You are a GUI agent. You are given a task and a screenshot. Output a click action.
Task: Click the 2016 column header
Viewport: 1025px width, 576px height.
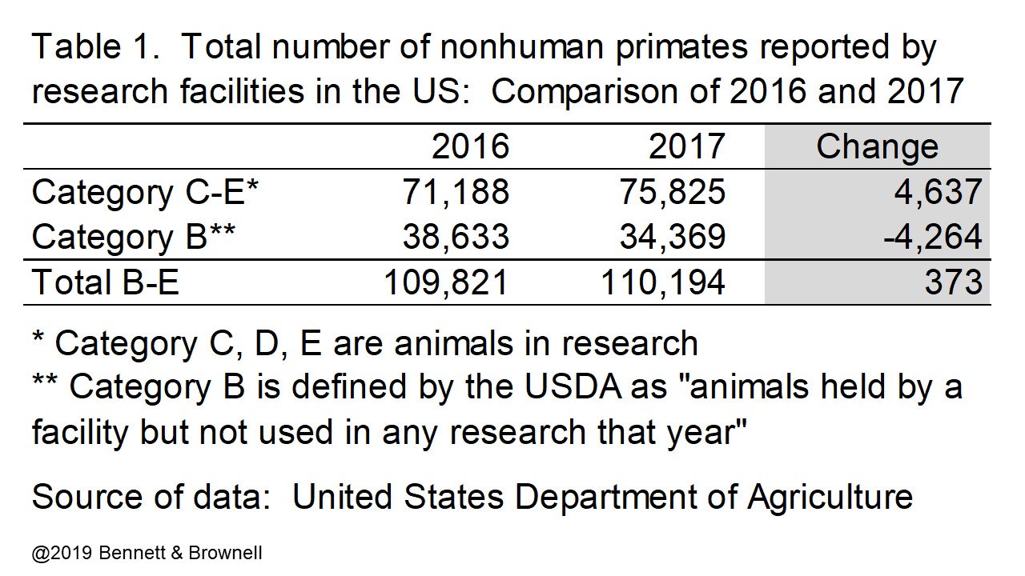(x=470, y=146)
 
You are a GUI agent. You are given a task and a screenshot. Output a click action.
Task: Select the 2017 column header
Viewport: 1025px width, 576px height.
(x=686, y=146)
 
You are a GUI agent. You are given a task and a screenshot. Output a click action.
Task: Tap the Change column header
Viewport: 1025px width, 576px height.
(x=877, y=146)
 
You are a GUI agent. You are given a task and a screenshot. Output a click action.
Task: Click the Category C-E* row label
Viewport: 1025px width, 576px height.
(x=146, y=192)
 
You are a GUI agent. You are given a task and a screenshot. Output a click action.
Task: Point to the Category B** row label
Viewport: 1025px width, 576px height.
(x=134, y=237)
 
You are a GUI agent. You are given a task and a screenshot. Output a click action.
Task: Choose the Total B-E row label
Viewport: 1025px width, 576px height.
(x=105, y=282)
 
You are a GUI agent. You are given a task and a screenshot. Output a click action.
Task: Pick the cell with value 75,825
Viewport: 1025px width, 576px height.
(x=673, y=192)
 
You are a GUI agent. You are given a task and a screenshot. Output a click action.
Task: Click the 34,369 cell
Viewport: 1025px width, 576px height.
(x=673, y=237)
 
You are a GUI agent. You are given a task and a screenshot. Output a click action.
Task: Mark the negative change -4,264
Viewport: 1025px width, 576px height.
(x=931, y=237)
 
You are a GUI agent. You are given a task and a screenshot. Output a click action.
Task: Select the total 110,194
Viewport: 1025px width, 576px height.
(x=663, y=282)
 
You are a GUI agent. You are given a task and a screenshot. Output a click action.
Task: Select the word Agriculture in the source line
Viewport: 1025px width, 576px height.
(x=830, y=497)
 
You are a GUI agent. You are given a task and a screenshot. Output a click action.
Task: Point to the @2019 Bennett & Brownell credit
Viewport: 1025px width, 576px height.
(x=147, y=553)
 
